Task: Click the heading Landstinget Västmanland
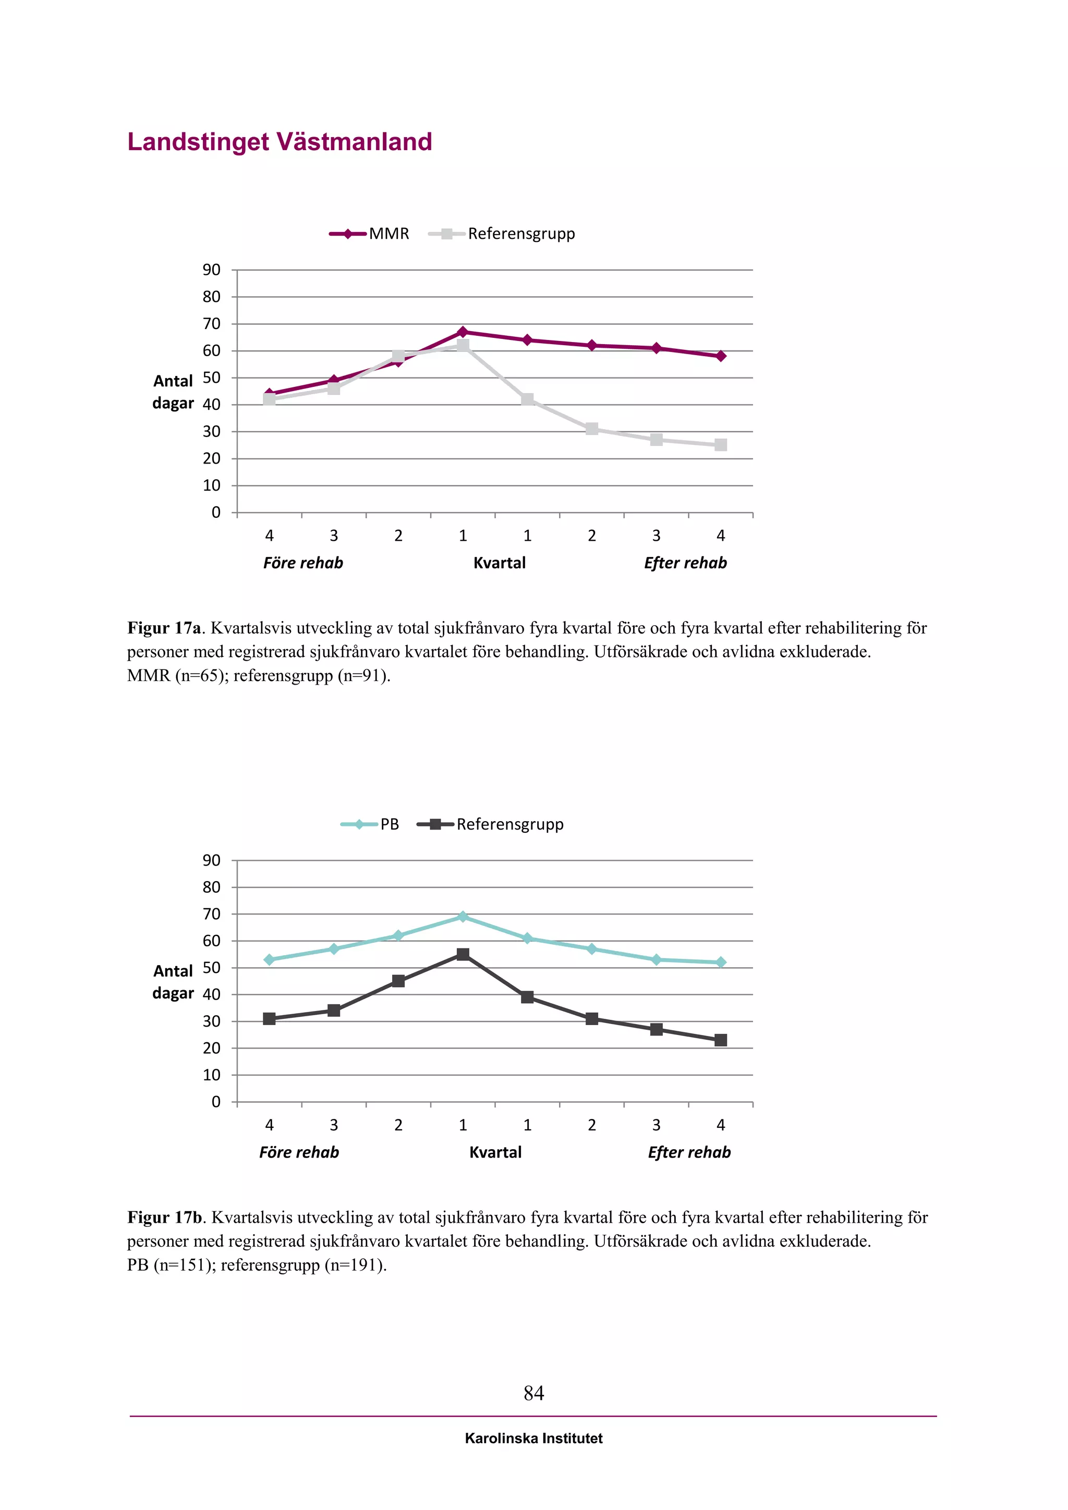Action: pos(280,142)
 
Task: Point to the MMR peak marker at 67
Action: pos(463,332)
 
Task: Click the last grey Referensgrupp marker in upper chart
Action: pos(721,445)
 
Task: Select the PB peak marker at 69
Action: pos(463,917)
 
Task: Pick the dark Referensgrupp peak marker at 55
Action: pos(463,954)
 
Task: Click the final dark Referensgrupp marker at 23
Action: pos(721,1040)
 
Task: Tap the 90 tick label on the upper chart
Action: pos(212,270)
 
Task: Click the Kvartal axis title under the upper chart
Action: pos(499,563)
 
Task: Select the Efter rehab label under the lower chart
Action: pos(689,1152)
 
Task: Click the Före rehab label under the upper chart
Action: pos(303,563)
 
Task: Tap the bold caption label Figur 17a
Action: pos(164,628)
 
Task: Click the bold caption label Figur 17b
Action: pos(164,1217)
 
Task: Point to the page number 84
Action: pos(533,1393)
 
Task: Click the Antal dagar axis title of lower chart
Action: pos(173,982)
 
